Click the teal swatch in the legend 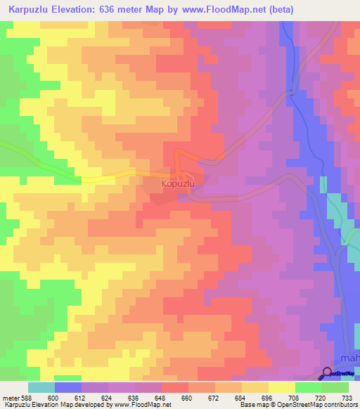click(41, 387)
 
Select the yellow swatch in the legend click(281, 387)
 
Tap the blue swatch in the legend click(68, 387)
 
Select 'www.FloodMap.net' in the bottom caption click(143, 405)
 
